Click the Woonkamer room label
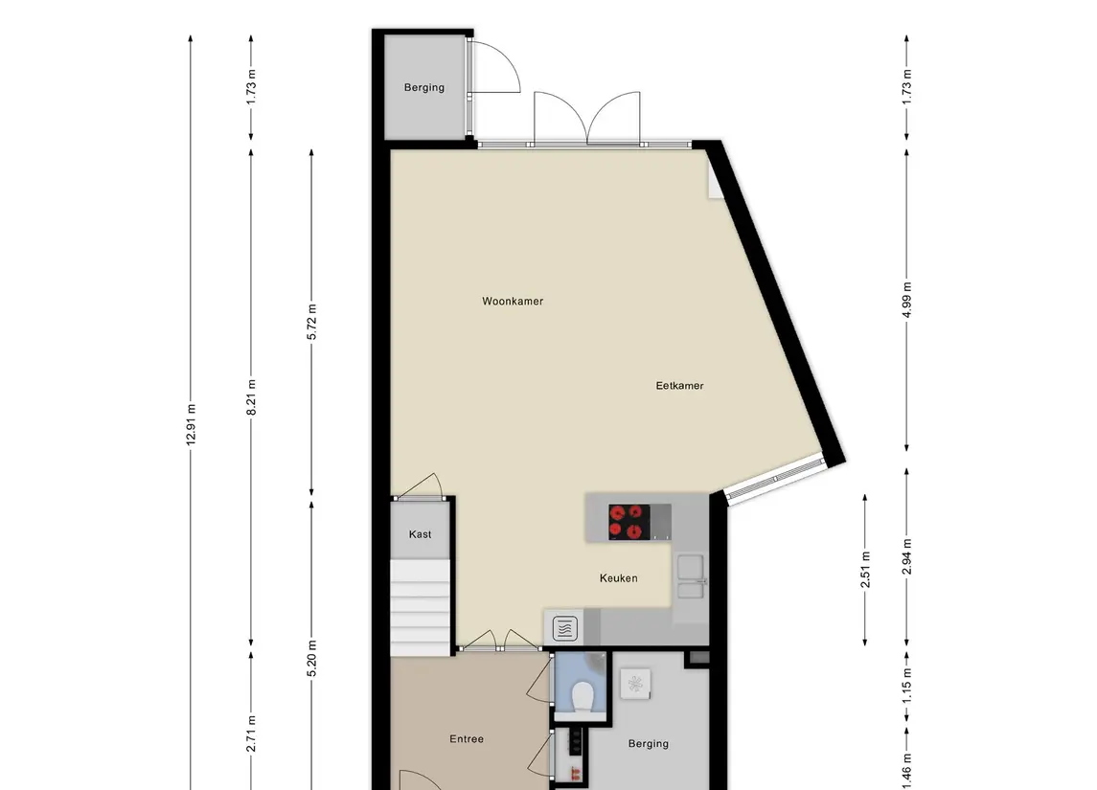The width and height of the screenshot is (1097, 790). pyautogui.click(x=513, y=302)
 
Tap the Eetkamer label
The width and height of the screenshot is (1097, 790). pyautogui.click(x=679, y=385)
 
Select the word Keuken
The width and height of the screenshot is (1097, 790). pyautogui.click(x=619, y=578)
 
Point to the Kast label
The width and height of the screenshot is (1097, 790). pyautogui.click(x=420, y=534)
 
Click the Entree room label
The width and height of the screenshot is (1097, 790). pyautogui.click(x=467, y=739)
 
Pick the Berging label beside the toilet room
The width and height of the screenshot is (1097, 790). pyautogui.click(x=648, y=744)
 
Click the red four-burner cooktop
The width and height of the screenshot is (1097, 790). pyautogui.click(x=628, y=522)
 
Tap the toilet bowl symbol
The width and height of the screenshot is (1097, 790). pyautogui.click(x=583, y=696)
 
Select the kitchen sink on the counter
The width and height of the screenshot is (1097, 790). pyautogui.click(x=691, y=576)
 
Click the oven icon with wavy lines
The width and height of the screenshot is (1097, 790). pyautogui.click(x=565, y=628)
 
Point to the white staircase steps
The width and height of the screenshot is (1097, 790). pyautogui.click(x=420, y=607)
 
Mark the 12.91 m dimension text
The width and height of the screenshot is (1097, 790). pyautogui.click(x=191, y=425)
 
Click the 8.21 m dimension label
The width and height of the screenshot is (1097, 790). pyautogui.click(x=251, y=397)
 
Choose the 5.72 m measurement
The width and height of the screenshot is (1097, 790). pyautogui.click(x=312, y=323)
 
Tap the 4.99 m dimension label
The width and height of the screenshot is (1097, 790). pyautogui.click(x=906, y=300)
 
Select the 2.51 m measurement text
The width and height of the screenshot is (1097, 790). pyautogui.click(x=865, y=570)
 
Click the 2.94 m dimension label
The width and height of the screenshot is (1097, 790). pyautogui.click(x=906, y=556)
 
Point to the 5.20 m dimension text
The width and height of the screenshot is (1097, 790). pyautogui.click(x=312, y=659)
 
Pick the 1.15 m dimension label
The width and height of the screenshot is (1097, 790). pyautogui.click(x=906, y=685)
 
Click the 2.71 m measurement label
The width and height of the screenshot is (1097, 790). pyautogui.click(x=251, y=734)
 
